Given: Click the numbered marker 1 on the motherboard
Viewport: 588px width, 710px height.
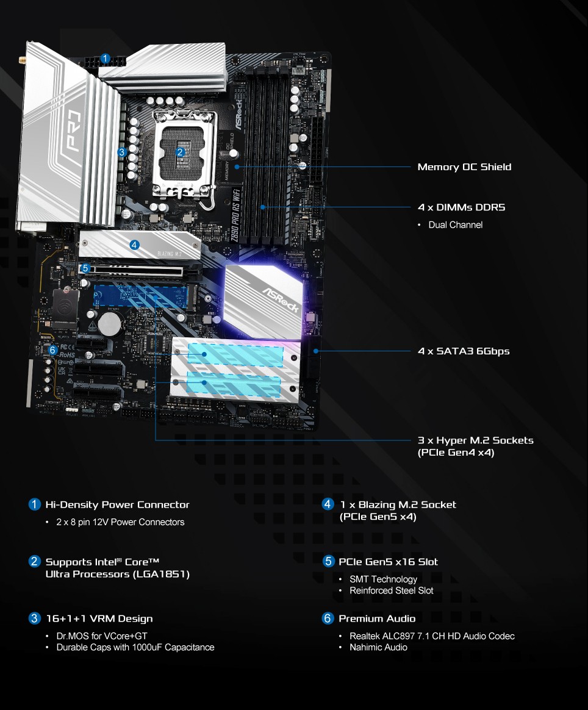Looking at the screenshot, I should click(106, 59).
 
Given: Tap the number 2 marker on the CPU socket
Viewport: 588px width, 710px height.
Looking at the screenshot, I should click(180, 152).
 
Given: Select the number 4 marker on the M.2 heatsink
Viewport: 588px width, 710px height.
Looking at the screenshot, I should click(135, 245).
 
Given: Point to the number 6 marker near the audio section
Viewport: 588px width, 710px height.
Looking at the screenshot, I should click(53, 350).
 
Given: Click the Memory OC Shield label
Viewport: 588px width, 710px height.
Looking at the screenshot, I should click(464, 167).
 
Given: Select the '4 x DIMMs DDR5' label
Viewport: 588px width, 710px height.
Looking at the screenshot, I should click(461, 207).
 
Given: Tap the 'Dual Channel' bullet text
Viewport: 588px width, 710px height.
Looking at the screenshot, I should click(455, 225).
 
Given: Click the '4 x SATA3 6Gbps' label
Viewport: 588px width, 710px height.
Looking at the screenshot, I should click(463, 351).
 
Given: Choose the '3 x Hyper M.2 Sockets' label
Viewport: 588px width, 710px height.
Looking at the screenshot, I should click(475, 440).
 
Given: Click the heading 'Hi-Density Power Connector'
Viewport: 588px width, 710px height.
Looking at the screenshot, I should click(117, 504).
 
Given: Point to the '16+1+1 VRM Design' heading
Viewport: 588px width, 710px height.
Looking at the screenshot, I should click(99, 619).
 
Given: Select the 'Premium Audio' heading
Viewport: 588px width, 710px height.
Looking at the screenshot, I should click(377, 619).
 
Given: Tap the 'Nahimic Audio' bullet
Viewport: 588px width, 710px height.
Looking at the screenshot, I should click(378, 647).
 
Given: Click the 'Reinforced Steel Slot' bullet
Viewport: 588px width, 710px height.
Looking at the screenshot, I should click(391, 590).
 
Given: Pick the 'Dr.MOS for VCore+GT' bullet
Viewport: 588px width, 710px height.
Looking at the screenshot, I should click(102, 636).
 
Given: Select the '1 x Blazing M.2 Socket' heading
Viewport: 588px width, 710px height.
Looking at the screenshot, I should click(398, 504).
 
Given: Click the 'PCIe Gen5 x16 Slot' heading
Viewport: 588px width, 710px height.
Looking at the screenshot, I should click(388, 562).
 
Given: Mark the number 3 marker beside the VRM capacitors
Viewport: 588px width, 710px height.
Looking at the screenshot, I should click(122, 152).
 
